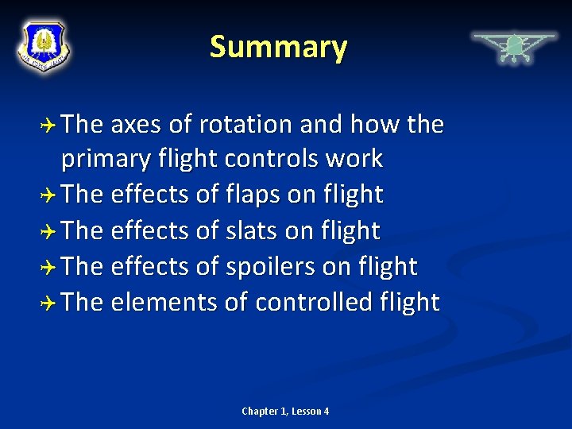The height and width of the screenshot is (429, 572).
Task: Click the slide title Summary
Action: coord(278,48)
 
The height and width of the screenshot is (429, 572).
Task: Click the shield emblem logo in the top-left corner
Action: coord(44,45)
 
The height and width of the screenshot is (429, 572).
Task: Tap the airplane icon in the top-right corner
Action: coord(514,46)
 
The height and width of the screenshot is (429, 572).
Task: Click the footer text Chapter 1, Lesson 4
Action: coord(285,411)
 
